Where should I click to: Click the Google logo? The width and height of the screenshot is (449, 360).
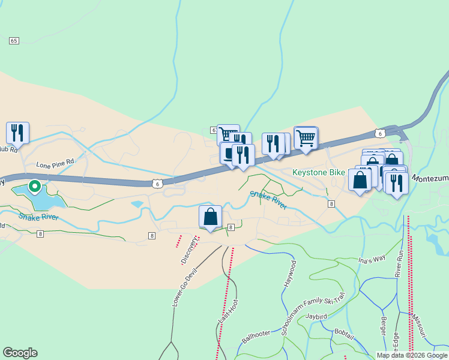[20, 353]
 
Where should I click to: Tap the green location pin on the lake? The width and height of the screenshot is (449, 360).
[35, 187]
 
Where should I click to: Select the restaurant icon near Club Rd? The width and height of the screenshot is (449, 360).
[17, 133]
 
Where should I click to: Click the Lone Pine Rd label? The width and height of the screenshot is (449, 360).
[55, 163]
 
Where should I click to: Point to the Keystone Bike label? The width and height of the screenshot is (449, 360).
[318, 172]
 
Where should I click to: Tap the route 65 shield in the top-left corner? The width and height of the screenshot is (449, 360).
[14, 40]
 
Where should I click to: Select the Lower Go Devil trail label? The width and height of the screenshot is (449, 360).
[184, 286]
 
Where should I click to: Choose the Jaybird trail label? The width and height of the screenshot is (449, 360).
[316, 316]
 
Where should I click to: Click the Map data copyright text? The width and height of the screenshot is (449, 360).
[411, 355]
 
